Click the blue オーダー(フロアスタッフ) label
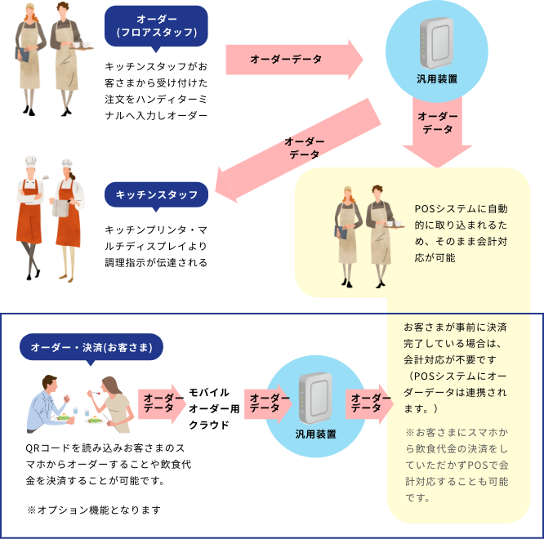click(157, 25)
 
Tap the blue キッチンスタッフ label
click(156, 194)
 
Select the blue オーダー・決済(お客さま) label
click(91, 348)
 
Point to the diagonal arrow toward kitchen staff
click(298, 152)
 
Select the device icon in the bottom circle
click(315, 396)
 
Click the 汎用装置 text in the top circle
click(436, 79)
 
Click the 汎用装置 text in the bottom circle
click(315, 433)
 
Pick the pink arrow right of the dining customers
click(162, 403)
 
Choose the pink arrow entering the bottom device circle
click(266, 403)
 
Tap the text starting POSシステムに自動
click(461, 233)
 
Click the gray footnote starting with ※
click(457, 465)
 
